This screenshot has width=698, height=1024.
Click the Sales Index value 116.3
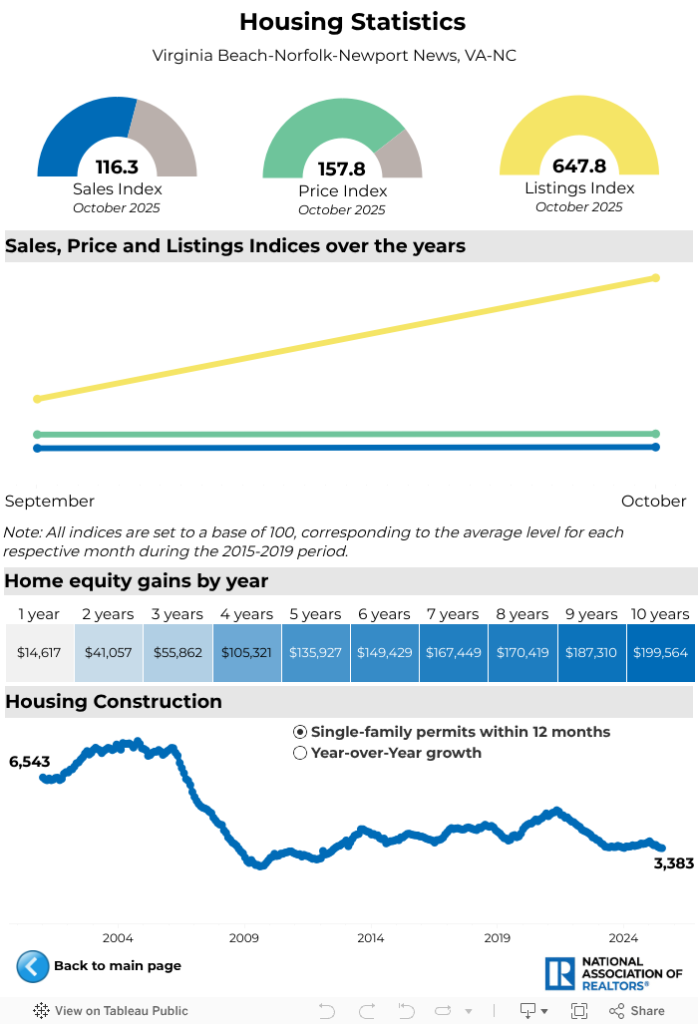tap(117, 168)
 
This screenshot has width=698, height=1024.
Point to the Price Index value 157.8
tap(342, 170)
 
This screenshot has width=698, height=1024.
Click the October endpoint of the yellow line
tap(655, 278)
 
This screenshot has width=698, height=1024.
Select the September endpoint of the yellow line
tap(38, 399)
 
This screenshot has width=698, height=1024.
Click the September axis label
tap(50, 501)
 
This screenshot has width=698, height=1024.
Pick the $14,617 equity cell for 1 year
tap(40, 652)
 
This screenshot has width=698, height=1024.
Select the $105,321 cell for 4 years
tap(247, 652)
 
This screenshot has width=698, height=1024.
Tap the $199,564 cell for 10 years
tap(660, 652)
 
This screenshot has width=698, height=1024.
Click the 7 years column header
tap(454, 614)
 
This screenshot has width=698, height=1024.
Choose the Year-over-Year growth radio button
tap(300, 753)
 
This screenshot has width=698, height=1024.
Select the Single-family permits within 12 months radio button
tap(300, 732)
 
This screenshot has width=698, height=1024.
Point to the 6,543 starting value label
tap(29, 762)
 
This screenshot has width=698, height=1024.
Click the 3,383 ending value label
tap(673, 863)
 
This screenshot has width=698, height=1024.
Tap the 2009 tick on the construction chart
tap(243, 937)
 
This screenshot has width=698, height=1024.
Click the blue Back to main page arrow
tap(32, 966)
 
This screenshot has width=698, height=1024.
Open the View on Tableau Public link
tap(111, 1010)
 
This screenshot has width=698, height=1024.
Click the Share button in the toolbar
tap(637, 1010)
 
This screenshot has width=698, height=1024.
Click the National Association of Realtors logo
tap(613, 973)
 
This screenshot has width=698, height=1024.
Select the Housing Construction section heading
tap(114, 701)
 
